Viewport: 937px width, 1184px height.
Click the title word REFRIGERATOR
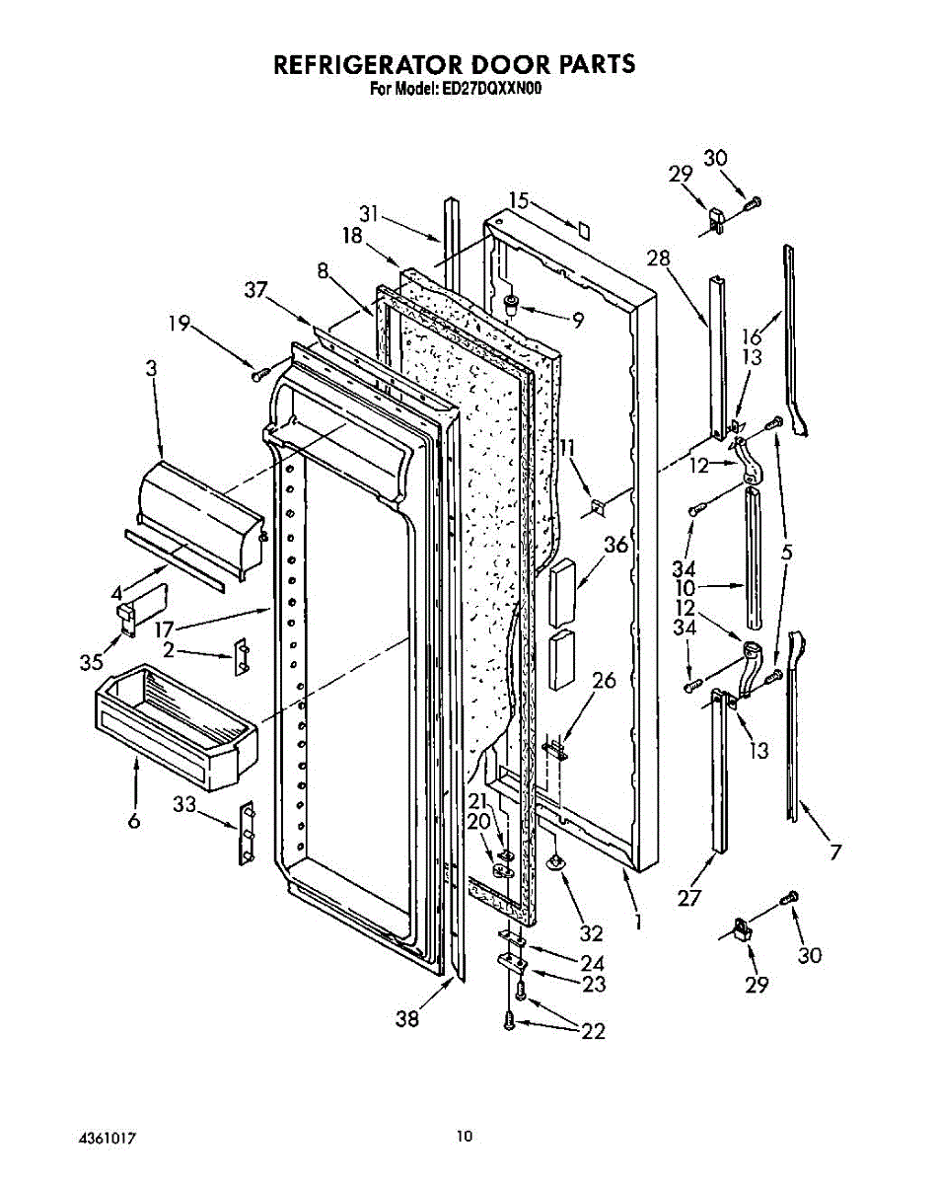click(374, 66)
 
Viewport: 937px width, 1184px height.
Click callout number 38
click(405, 1019)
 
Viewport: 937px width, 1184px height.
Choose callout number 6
click(134, 820)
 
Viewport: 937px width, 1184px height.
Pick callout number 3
click(150, 369)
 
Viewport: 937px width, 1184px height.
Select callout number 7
click(836, 851)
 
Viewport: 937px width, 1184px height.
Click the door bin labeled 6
click(178, 725)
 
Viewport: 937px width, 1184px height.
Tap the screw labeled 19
click(260, 374)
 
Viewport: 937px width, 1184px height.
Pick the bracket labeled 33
click(247, 831)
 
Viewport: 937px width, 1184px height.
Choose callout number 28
click(659, 259)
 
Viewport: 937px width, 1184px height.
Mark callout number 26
click(604, 680)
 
